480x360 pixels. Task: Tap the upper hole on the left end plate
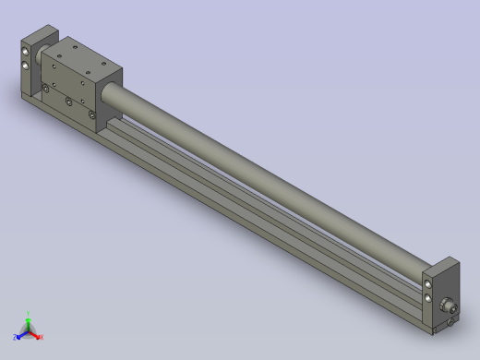point(24,53)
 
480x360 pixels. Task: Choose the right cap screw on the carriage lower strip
point(92,114)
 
